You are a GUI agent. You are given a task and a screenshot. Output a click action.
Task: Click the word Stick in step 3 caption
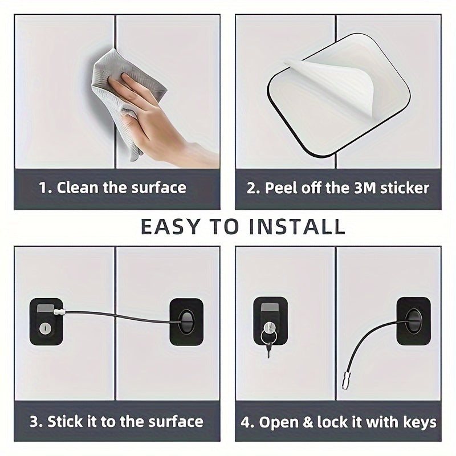pos(65,422)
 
